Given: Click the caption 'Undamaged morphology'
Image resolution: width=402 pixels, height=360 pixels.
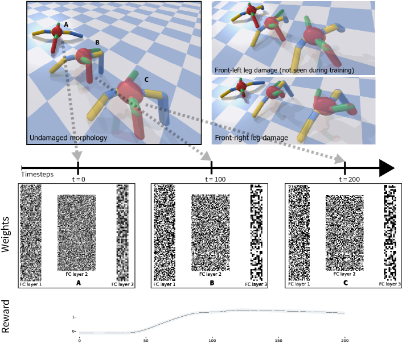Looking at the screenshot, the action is (68, 138).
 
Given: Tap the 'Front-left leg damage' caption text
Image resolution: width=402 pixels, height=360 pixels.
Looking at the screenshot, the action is (246, 70).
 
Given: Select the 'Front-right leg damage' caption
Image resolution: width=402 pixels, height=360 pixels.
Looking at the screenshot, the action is (251, 138).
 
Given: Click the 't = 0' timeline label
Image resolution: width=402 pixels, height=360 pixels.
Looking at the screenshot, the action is (79, 179).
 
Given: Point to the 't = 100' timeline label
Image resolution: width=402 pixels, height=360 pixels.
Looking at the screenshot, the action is (215, 179).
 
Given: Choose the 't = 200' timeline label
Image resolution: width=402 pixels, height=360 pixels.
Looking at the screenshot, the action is (349, 179).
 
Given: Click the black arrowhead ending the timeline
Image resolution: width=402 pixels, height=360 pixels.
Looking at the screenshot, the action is (387, 168).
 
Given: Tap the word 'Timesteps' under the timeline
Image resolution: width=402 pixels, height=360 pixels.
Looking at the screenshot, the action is (37, 175).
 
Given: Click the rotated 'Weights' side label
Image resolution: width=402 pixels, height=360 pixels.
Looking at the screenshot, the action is (5, 234).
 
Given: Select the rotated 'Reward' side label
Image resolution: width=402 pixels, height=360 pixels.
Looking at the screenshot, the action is (5, 316).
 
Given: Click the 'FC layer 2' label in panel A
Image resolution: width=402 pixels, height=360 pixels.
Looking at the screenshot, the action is (77, 274).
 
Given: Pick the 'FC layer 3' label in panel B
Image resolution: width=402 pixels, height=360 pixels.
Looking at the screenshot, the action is (256, 284).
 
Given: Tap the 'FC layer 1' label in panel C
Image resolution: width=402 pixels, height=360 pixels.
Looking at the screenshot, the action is (299, 284).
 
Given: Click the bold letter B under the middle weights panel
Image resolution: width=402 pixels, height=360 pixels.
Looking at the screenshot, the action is (212, 283).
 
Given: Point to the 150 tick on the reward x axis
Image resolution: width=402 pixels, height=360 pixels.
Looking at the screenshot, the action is (278, 341).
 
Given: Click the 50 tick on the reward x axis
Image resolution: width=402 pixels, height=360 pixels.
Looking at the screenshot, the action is (146, 341).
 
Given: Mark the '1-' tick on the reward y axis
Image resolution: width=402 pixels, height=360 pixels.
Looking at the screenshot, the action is (74, 317).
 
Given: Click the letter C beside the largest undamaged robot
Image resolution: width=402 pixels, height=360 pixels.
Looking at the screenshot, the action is (146, 80).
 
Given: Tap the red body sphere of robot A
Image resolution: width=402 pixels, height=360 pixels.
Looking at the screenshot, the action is (57, 31).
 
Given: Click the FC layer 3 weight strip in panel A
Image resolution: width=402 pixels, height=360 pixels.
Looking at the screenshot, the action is (122, 233).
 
